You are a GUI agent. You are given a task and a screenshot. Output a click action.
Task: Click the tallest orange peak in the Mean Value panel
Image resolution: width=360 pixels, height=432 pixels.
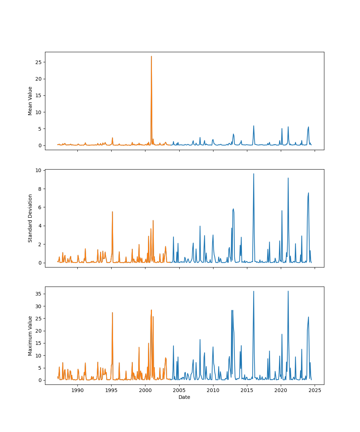click(151, 57)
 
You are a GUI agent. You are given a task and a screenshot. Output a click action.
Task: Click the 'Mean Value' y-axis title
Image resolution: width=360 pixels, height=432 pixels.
click(30, 101)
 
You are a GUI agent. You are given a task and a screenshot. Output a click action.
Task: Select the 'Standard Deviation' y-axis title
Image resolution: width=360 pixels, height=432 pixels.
click(30, 218)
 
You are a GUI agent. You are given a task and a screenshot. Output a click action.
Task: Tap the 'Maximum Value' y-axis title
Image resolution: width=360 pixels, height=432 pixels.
click(30, 336)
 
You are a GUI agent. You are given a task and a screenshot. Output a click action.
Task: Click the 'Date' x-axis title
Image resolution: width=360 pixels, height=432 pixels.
click(184, 397)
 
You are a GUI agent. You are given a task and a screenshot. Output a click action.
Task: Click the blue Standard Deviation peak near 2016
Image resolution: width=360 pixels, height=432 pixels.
click(253, 174)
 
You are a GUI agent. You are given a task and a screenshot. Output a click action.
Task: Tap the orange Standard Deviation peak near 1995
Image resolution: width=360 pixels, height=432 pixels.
click(112, 212)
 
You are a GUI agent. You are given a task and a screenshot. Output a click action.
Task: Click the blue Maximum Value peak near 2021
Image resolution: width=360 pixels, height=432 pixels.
click(288, 292)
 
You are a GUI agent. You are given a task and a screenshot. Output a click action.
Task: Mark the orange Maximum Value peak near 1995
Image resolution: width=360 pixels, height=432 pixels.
click(112, 313)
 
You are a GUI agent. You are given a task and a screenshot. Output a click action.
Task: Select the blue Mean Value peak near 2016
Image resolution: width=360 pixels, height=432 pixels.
click(253, 126)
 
